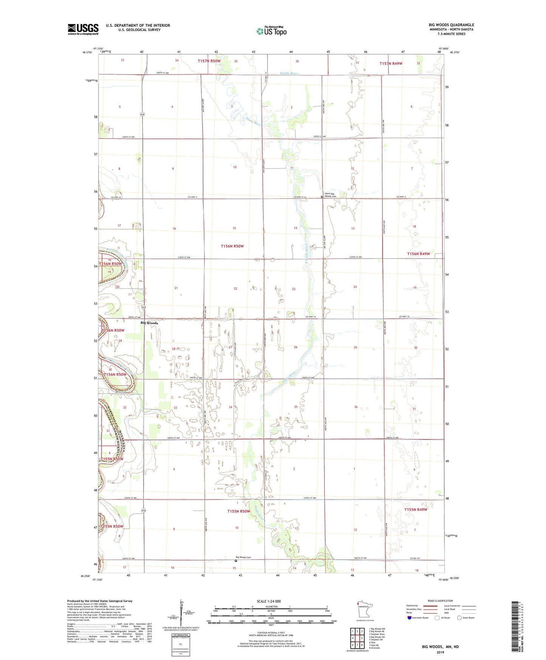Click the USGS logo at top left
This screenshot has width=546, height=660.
tap(83, 29)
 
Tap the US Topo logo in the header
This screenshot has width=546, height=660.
tap(271, 31)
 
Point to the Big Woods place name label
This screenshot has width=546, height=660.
tap(149, 323)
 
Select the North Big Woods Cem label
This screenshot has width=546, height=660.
tap(330, 195)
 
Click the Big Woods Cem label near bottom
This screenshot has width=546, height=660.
tap(243, 557)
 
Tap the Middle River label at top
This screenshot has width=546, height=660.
tap(289, 73)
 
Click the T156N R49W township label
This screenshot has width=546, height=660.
tap(418, 254)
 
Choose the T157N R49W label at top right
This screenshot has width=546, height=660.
tap(391, 64)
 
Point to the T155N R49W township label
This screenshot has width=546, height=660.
tap(416, 510)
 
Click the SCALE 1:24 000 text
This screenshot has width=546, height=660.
tap(269, 601)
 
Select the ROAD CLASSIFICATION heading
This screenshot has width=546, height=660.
tap(440, 601)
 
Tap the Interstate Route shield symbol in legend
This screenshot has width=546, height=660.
tap(410, 618)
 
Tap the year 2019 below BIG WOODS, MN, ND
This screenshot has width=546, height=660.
tap(440, 652)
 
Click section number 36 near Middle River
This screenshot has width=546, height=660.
tap(297, 61)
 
